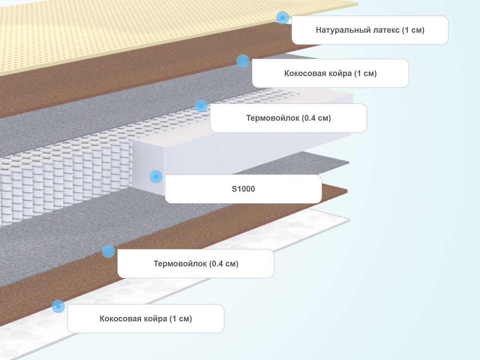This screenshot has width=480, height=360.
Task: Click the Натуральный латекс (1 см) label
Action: (370, 30)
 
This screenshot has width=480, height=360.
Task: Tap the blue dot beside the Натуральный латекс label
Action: (283, 18)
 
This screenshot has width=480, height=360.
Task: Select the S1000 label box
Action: (243, 189)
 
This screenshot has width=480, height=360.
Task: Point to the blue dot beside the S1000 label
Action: (156, 176)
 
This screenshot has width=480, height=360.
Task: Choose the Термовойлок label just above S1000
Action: (289, 118)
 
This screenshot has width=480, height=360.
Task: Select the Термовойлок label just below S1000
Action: (196, 264)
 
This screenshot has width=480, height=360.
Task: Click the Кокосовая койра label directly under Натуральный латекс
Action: (330, 73)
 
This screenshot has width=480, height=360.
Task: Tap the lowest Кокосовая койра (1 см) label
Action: (146, 319)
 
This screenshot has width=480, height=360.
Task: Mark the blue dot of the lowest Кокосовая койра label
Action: (58, 306)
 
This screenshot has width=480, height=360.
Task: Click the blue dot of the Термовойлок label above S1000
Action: (201, 106)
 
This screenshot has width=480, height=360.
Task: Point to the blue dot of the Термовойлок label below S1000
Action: (108, 251)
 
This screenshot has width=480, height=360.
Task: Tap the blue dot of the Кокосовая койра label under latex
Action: (243, 61)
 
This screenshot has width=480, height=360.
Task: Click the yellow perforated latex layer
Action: (131, 33)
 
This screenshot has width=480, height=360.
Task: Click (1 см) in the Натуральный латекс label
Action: (413, 30)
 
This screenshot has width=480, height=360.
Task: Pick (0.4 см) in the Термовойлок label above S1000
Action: (316, 118)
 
